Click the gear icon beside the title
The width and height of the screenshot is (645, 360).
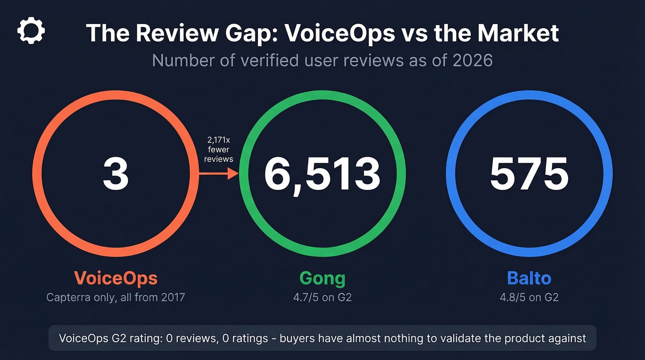[x=31, y=31]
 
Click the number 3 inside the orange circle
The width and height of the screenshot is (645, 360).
[x=116, y=175]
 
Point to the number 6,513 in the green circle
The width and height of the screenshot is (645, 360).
[x=322, y=175]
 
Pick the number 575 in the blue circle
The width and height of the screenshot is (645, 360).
[x=529, y=175]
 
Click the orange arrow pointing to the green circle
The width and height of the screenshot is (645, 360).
[x=218, y=174]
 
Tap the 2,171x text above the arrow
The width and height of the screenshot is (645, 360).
[x=218, y=140]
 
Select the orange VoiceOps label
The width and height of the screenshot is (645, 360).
[x=116, y=278]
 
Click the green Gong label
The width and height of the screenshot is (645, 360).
[x=322, y=278]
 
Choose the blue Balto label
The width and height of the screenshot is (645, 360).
[x=529, y=278]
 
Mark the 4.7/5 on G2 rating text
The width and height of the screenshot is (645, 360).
[x=322, y=297]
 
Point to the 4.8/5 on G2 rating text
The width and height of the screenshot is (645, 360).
[x=529, y=297]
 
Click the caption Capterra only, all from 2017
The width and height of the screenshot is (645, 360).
[x=116, y=297]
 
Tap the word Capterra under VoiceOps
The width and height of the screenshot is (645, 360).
[x=67, y=297]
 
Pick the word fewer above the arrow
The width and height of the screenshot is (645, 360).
[x=218, y=149]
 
